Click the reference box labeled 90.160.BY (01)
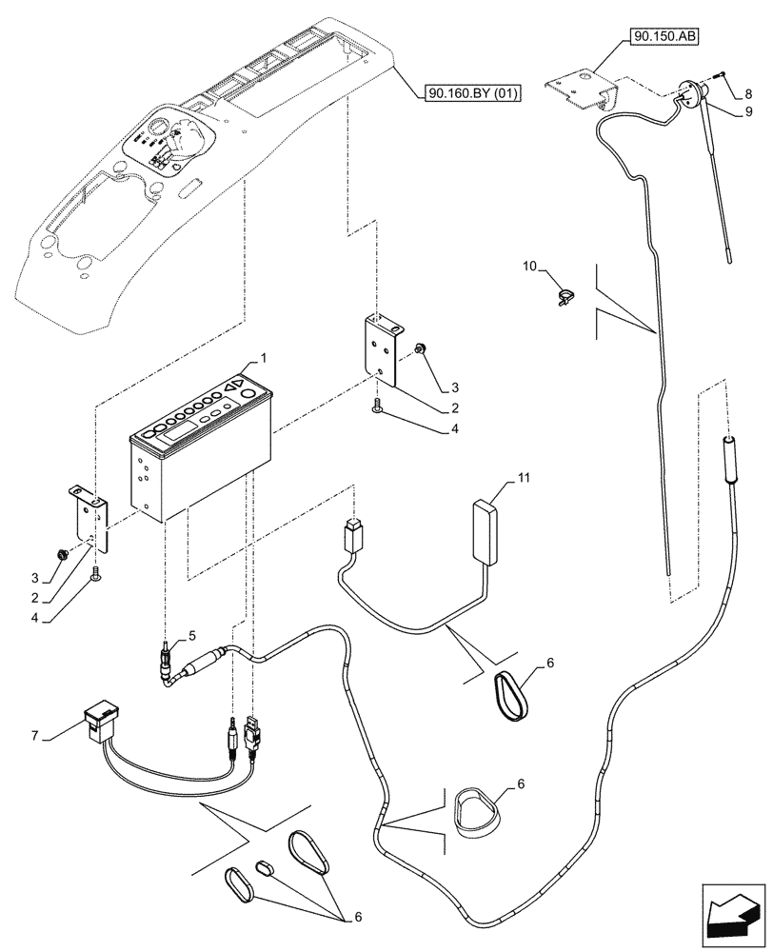(x=467, y=92)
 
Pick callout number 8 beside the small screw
(x=748, y=94)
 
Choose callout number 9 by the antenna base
(x=748, y=112)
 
